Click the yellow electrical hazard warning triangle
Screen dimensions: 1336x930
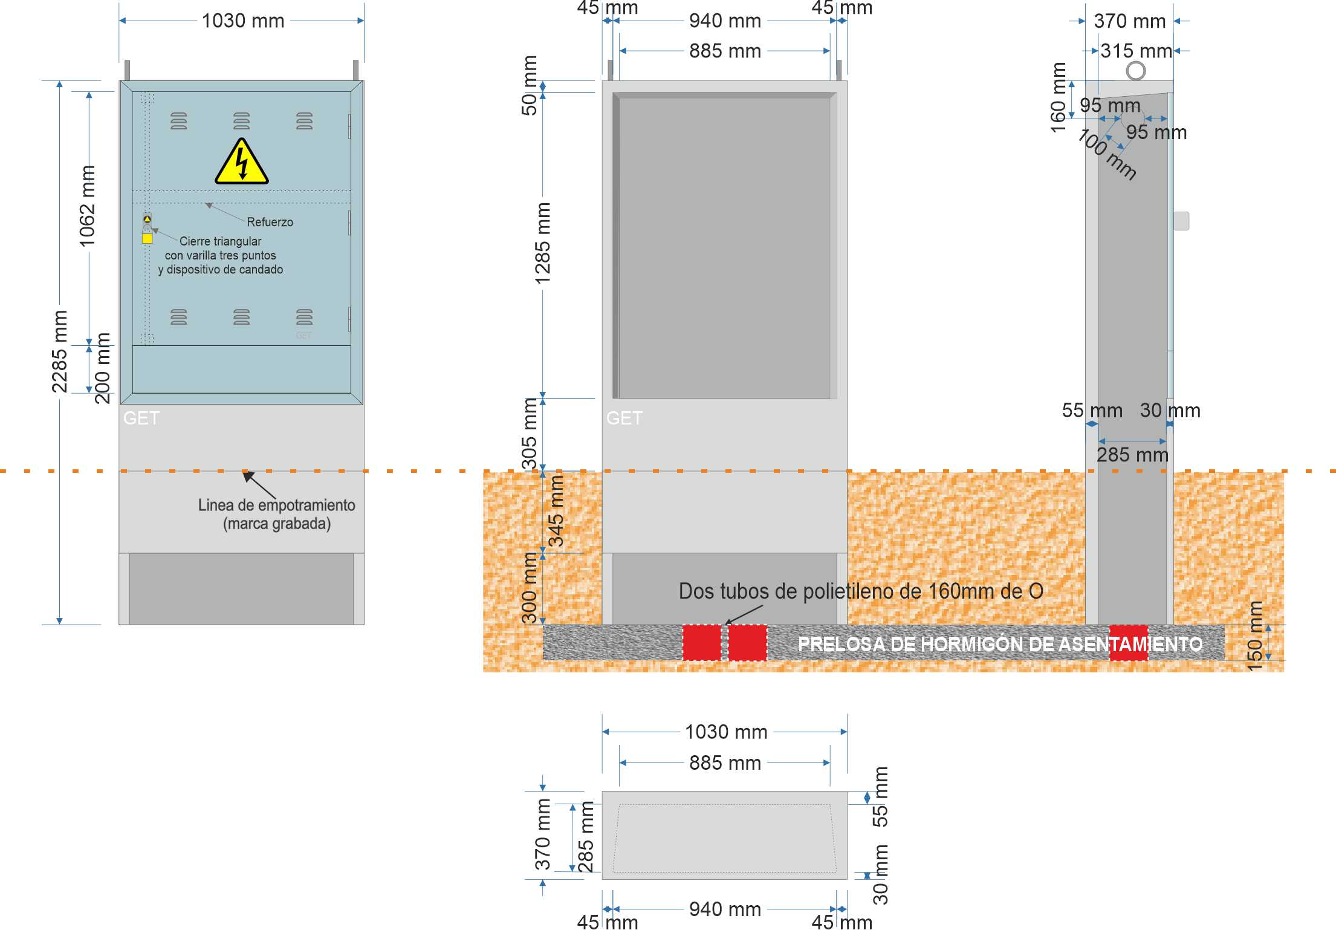(242, 161)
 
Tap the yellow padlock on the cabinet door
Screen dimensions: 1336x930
(147, 238)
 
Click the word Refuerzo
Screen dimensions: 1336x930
(270, 222)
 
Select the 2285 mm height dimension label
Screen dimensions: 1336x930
(59, 351)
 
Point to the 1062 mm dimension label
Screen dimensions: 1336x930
(87, 206)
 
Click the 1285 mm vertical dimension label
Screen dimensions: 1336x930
(542, 243)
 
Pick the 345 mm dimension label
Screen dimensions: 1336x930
(556, 512)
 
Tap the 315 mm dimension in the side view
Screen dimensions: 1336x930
(1136, 51)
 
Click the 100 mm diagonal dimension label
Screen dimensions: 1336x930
(1107, 155)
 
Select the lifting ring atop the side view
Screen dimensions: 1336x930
(1136, 71)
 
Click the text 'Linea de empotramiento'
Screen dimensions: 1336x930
(276, 505)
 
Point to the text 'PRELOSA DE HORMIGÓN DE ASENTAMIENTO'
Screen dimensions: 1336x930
(1000, 644)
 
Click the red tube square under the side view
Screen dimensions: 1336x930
(1129, 643)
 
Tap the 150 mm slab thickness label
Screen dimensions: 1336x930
(1255, 636)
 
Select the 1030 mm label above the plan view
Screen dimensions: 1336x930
(726, 732)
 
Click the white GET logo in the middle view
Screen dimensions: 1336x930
(624, 418)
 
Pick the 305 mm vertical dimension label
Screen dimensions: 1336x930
(530, 434)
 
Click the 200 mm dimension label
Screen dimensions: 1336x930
(103, 368)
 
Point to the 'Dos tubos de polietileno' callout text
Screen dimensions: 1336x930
(861, 591)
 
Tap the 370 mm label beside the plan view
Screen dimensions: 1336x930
(543, 834)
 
